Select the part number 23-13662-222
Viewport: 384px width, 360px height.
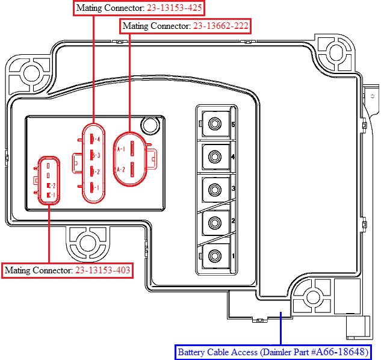pos(220,26)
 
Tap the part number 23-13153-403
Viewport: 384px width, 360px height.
pos(102,270)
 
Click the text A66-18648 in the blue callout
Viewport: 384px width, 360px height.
pos(344,352)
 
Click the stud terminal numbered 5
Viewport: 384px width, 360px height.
pos(214,125)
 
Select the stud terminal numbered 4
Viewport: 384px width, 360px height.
pos(214,158)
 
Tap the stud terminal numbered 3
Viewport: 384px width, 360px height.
pos(214,190)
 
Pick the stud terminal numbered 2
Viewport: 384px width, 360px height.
pos(214,223)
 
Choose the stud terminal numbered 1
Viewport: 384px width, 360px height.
pos(214,256)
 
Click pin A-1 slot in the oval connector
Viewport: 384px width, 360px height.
pos(132,149)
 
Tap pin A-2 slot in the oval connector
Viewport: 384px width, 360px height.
pos(132,169)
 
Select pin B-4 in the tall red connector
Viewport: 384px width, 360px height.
pos(91,139)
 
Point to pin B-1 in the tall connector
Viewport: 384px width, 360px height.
pos(91,188)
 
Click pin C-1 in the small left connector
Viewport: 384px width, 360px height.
pos(48,195)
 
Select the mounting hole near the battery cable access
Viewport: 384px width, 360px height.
pos(312,297)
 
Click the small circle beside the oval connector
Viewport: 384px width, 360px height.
pos(147,125)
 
